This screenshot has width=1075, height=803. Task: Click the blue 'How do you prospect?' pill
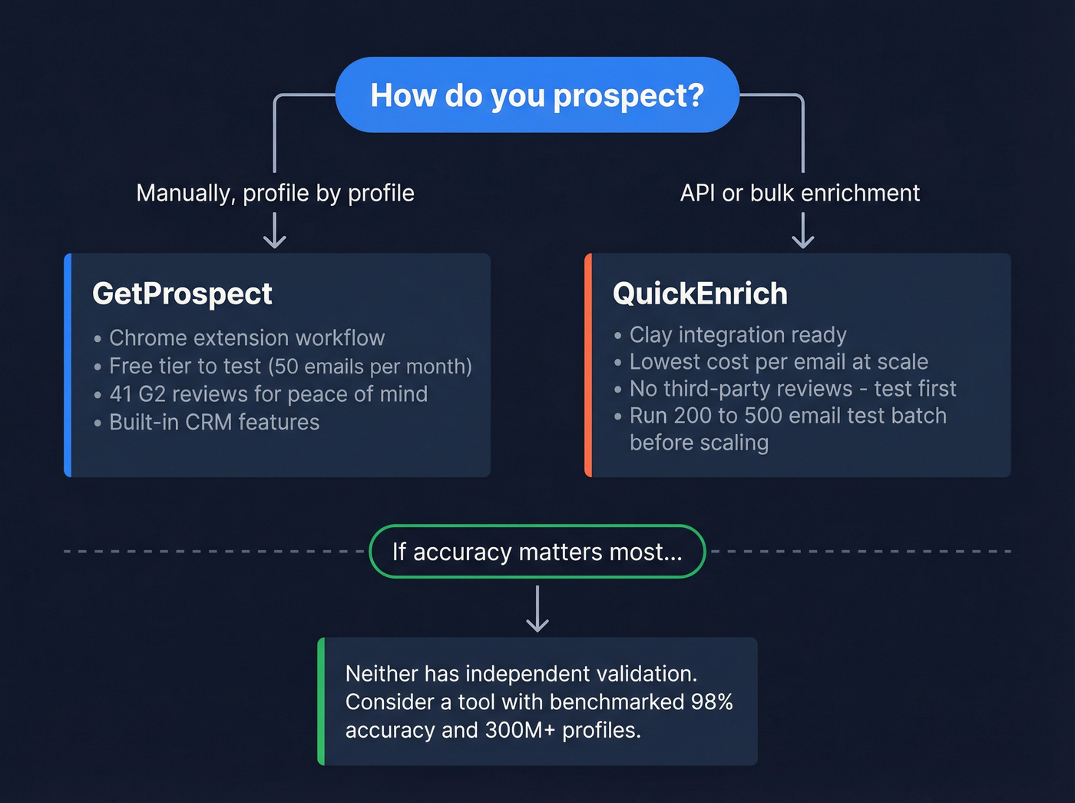(537, 95)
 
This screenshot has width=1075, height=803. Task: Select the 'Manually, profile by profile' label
(275, 193)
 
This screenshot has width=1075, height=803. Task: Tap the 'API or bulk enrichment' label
(799, 193)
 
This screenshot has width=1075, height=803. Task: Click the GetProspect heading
(182, 294)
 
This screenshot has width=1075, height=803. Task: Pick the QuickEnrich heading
(700, 294)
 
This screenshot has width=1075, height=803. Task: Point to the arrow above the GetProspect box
(274, 231)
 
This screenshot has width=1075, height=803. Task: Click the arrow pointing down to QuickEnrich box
(802, 231)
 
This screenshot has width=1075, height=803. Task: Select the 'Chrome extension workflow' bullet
(246, 338)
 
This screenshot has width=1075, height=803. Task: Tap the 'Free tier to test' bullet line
(289, 367)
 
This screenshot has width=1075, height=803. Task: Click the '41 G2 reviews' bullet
(267, 394)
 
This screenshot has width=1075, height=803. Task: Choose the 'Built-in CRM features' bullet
(213, 423)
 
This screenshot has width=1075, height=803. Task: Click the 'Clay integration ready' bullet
(737, 335)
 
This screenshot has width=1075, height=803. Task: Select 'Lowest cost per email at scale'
(778, 362)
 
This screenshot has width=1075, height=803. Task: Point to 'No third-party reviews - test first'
(792, 389)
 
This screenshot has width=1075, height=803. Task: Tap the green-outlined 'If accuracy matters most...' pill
(537, 552)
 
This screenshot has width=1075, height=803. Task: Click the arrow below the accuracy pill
(537, 609)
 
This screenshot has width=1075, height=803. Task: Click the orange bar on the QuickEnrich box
(588, 365)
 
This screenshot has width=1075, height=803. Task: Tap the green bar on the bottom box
(321, 701)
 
